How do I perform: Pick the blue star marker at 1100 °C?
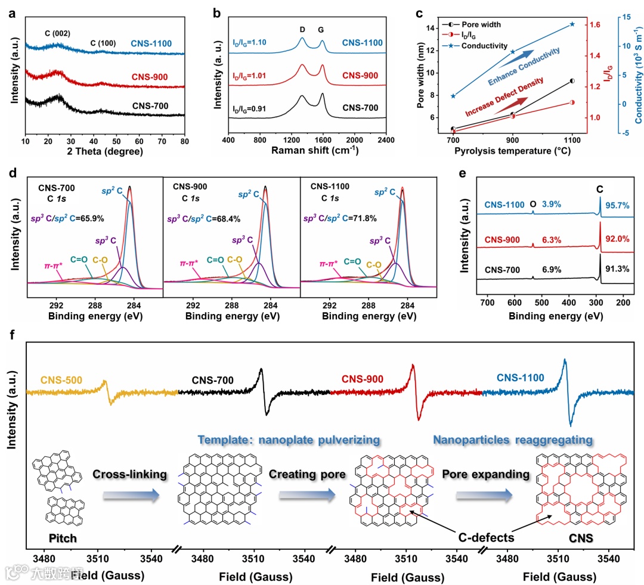[572, 24]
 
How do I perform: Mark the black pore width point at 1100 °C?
[572, 80]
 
